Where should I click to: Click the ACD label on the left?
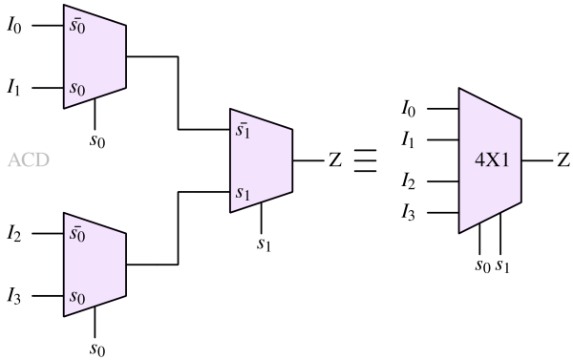click(29, 160)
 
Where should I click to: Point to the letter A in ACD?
click(14, 160)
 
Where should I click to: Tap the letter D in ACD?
click(42, 160)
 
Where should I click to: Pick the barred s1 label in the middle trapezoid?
click(244, 128)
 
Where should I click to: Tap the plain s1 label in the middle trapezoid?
click(244, 194)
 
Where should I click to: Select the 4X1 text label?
click(493, 160)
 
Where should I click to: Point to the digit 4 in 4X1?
click(479, 160)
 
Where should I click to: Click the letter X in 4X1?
click(493, 160)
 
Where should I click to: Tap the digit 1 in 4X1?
click(506, 160)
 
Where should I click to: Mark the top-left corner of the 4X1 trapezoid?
click(460, 90)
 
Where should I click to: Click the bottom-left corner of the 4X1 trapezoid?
click(460, 232)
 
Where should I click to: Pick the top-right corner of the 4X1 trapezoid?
click(521, 119)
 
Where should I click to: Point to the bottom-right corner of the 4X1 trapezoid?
click(521, 202)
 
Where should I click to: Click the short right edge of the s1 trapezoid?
click(291, 160)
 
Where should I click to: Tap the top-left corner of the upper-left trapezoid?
click(65, 6)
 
